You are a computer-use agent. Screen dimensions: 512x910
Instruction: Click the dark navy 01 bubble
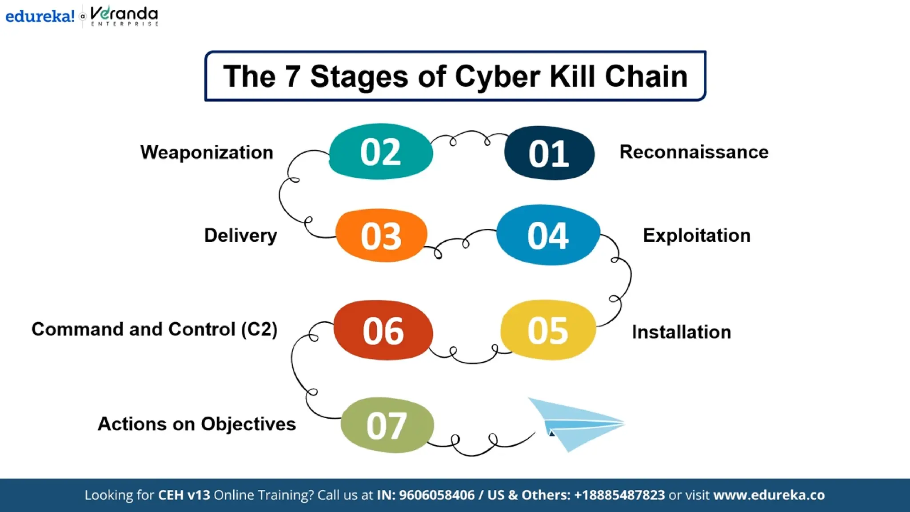point(549,153)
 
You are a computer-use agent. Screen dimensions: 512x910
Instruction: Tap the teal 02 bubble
point(381,152)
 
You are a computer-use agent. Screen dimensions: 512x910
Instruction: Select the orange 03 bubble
point(381,236)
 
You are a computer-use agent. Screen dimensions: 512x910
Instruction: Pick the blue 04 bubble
point(548,235)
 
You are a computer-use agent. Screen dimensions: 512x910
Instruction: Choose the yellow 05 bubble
point(548,330)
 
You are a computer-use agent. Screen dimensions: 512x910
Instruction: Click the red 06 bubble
point(383,331)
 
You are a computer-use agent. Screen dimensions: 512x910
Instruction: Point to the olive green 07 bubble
point(387,425)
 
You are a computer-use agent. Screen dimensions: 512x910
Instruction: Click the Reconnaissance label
point(694,152)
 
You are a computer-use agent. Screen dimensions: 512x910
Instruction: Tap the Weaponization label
point(207,152)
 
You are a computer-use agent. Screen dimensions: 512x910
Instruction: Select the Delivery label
point(240,236)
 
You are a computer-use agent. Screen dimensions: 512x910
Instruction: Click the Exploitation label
point(696,236)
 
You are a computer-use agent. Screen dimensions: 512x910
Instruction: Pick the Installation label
point(681,332)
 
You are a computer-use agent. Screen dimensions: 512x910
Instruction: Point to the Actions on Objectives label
point(196,424)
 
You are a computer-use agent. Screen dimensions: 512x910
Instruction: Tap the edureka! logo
point(40,16)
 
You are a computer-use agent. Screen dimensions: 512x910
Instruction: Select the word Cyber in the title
point(498,76)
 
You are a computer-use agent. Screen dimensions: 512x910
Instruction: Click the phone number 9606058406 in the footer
point(436,495)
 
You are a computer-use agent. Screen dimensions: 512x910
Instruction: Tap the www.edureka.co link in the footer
point(769,495)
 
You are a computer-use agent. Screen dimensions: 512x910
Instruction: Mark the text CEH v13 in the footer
point(184,495)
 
